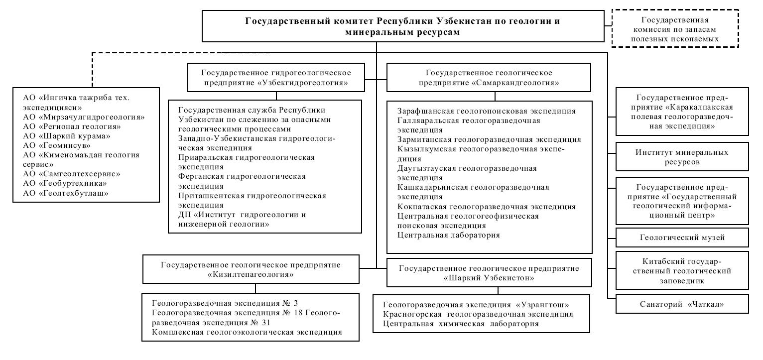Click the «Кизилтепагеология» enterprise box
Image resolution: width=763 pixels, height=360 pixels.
pos(251,269)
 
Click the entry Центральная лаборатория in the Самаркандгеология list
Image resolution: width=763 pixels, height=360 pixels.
pos(449,235)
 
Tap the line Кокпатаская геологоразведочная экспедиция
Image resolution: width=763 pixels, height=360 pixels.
pos(487,206)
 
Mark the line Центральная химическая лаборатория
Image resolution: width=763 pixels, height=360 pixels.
pos(461,324)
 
